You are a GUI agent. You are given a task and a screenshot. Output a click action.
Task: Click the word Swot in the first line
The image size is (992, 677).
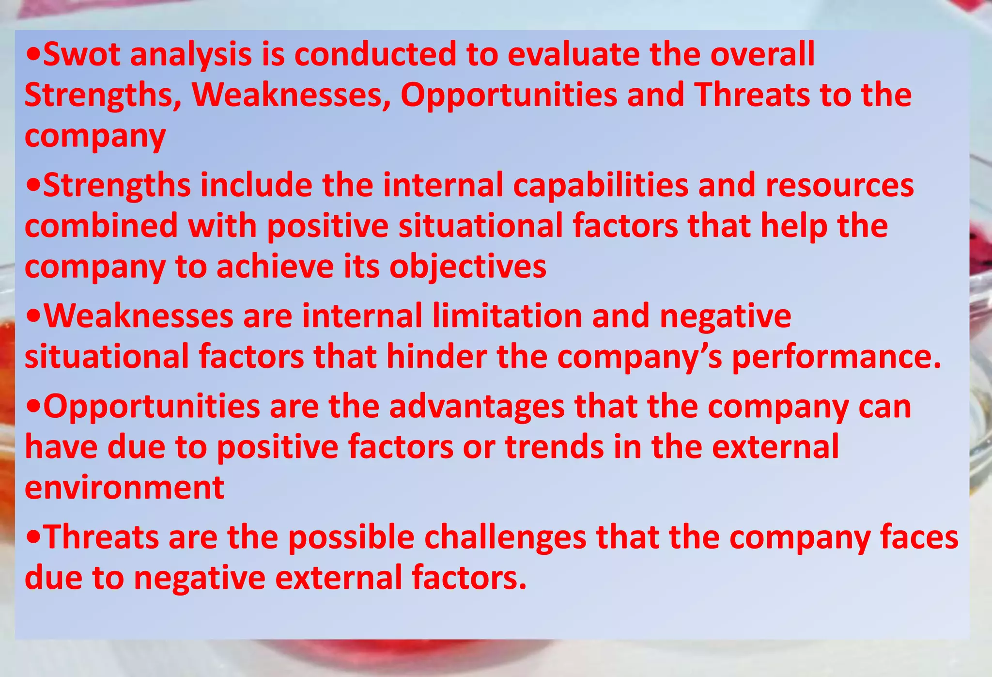81,54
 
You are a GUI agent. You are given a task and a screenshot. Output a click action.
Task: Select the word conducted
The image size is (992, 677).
375,54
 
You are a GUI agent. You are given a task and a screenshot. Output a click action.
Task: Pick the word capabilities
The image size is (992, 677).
601,186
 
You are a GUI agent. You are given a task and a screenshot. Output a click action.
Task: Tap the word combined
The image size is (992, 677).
101,226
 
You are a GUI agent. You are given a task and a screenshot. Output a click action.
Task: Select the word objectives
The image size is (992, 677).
468,268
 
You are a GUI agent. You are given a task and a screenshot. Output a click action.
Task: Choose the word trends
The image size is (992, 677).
555,447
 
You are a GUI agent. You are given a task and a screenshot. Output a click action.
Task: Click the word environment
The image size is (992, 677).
124,488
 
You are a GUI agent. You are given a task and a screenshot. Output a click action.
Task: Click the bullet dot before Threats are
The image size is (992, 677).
33,537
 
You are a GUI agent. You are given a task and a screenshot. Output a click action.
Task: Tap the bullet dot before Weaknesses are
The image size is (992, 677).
33,316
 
